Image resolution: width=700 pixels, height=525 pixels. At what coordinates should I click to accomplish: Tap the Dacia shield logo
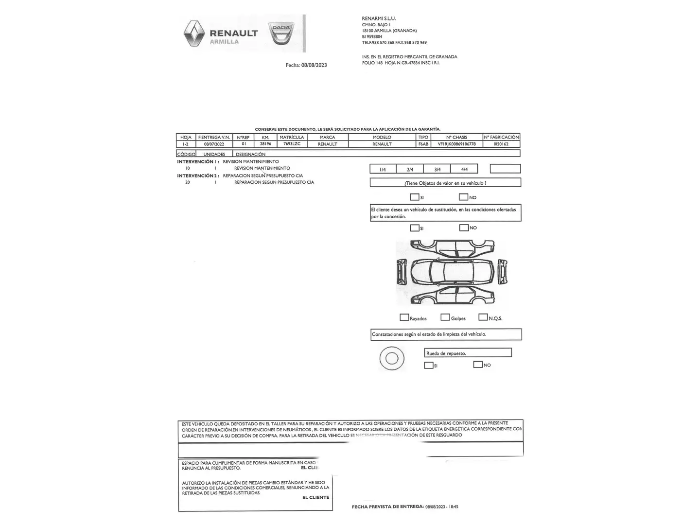[x=280, y=33]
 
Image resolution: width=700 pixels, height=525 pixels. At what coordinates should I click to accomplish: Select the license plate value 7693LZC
[x=292, y=144]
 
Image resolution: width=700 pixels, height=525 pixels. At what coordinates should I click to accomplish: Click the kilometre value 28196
[x=265, y=144]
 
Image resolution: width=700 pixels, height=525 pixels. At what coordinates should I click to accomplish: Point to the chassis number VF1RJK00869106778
[x=456, y=144]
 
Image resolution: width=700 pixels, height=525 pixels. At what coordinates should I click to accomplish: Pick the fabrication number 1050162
[x=501, y=144]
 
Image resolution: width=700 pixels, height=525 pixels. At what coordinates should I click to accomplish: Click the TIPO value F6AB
[x=423, y=144]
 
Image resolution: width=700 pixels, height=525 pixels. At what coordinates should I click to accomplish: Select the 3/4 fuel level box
[x=437, y=169]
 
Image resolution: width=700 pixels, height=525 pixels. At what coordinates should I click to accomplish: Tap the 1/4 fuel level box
[x=383, y=169]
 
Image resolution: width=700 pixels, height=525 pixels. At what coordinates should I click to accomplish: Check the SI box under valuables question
[x=414, y=197]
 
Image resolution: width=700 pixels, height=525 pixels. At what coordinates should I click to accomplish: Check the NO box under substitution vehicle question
[x=464, y=227]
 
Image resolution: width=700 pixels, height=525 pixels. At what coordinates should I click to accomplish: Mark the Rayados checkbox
[x=404, y=317]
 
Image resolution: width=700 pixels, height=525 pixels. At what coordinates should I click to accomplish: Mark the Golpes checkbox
[x=445, y=317]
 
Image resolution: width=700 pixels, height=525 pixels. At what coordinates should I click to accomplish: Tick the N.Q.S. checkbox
[x=483, y=317]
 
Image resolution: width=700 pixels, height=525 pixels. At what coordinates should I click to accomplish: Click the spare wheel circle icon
[x=391, y=359]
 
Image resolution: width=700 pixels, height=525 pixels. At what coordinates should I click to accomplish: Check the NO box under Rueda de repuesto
[x=478, y=365]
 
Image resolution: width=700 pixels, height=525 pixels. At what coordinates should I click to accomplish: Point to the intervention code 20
[x=188, y=182]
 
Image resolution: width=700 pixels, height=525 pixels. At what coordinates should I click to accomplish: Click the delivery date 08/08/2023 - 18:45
[x=441, y=507]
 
